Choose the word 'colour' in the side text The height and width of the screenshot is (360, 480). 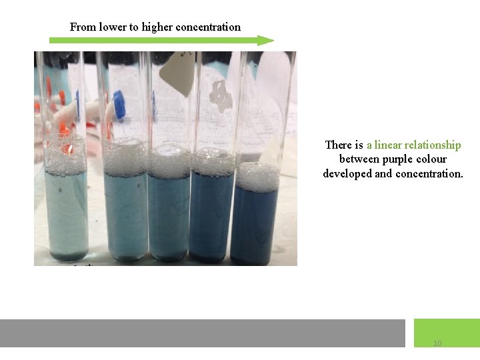[433, 159]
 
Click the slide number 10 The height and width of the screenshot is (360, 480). [437, 343]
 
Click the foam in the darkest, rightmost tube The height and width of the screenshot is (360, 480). [258, 177]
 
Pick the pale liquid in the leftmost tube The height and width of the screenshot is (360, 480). [66, 213]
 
